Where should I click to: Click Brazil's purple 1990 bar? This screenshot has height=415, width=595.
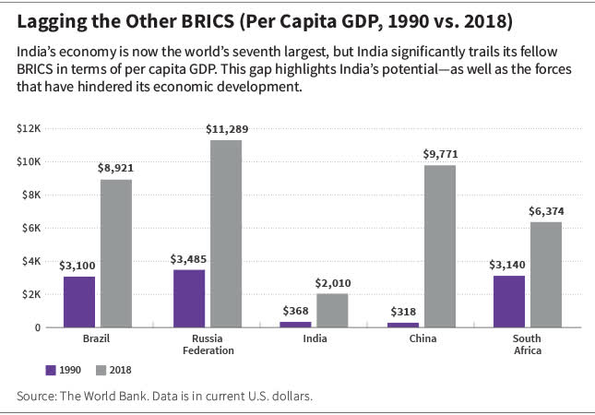tap(79, 302)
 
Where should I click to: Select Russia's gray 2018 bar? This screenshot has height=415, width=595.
tap(226, 233)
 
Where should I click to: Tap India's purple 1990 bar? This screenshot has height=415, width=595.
tap(295, 325)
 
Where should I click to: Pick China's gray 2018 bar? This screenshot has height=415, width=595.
tap(440, 246)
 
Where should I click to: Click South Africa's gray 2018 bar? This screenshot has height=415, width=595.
tap(546, 275)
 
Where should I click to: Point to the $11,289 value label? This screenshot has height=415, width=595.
tap(227, 129)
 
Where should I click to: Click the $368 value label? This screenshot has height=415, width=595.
tap(295, 311)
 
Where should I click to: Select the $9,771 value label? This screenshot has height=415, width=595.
tap(441, 154)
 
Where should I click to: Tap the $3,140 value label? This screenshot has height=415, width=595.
tap(507, 265)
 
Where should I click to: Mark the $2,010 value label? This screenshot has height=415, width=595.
tap(333, 283)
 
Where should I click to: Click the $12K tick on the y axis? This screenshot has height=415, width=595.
tap(29, 128)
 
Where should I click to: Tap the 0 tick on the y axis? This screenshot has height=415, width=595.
tap(38, 327)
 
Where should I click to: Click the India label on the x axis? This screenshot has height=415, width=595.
tap(315, 338)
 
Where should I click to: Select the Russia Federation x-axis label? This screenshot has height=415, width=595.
tap(208, 344)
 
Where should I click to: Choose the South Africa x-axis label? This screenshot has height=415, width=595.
tap(527, 344)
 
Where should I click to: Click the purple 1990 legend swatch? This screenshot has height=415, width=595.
tap(51, 370)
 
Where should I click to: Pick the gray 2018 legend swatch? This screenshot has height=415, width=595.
tap(101, 370)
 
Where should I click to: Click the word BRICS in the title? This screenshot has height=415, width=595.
tap(208, 21)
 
